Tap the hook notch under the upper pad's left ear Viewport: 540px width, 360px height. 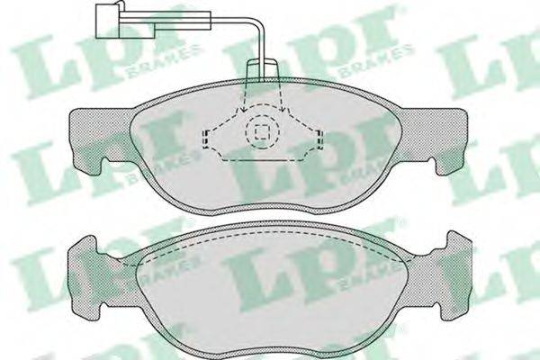click(102, 166)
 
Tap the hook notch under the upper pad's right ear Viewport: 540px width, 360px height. click(438, 166)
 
